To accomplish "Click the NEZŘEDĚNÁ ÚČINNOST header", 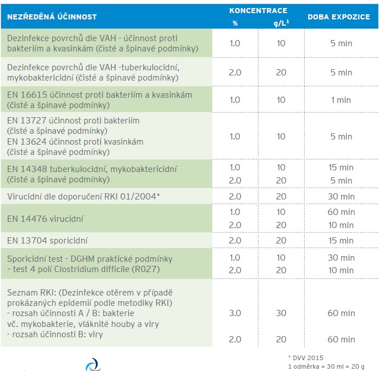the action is tap(52, 17).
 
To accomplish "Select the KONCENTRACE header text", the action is tap(258, 11).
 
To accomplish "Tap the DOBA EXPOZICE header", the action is tap(339, 17).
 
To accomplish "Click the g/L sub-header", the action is tap(281, 23).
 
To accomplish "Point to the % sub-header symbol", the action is tap(235, 23).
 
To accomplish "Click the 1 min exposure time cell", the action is tap(341, 100).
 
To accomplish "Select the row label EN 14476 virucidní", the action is tap(45, 219).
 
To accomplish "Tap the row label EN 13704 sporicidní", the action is tap(47, 240).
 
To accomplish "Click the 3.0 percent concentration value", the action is tap(235, 313).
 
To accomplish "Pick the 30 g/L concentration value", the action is tap(281, 313).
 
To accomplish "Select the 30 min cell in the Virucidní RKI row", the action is tap(341, 197).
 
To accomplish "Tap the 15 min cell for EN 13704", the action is tap(341, 240).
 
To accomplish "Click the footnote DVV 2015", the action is tap(306, 358).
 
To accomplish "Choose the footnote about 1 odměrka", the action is tap(326, 366).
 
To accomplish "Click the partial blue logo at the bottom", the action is tap(94, 365).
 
